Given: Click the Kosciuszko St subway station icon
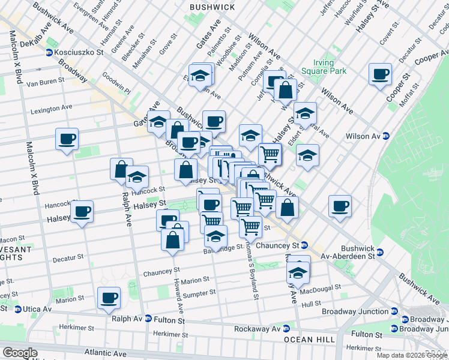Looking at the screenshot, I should pyautogui.click(x=48, y=53).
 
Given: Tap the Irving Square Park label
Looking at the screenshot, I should pyautogui.click(x=332, y=66).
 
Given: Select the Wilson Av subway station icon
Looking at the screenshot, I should pyautogui.click(x=387, y=136).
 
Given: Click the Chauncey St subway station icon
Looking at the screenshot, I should pyautogui.click(x=304, y=245).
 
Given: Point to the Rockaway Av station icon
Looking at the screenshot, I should pyautogui.click(x=286, y=329).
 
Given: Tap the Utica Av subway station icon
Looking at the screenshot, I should pyautogui.click(x=18, y=309).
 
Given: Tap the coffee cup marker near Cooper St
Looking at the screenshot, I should pyautogui.click(x=380, y=74).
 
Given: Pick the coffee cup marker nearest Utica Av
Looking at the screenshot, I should pyautogui.click(x=109, y=298).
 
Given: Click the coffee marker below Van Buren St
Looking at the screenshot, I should pyautogui.click(x=67, y=139).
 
